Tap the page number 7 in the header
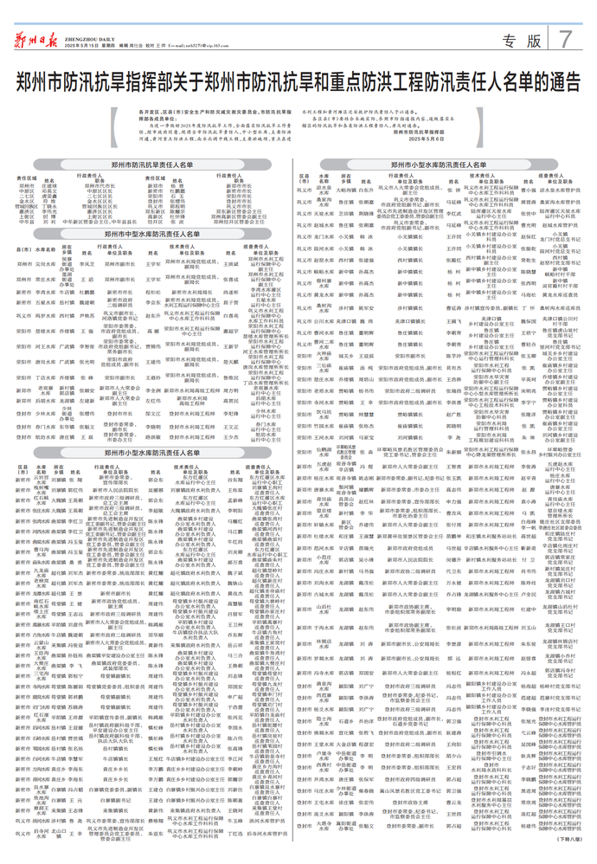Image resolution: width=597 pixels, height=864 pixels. tap(565, 39)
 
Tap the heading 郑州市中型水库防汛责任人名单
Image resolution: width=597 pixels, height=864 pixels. tap(152, 234)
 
